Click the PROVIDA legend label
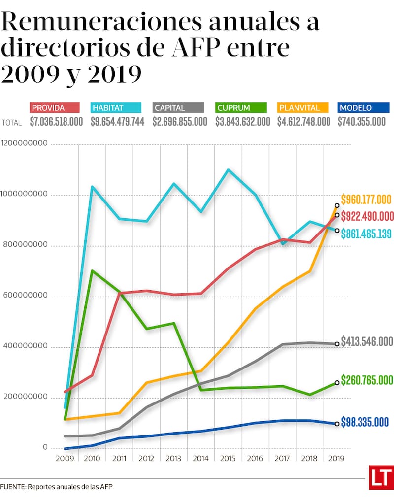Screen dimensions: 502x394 point(48,108)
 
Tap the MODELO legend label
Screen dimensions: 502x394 point(356,108)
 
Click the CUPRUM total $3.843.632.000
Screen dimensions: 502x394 point(243,122)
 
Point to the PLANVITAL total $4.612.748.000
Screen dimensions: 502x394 point(304,122)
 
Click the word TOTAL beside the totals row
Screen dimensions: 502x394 point(12,123)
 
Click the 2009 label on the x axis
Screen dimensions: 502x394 point(65,458)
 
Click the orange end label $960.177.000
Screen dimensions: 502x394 point(366,200)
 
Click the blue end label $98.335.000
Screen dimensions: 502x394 point(365,422)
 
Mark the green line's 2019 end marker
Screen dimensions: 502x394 point(337,382)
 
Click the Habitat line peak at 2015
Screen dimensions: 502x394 point(228,170)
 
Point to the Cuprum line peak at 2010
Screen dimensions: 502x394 point(93,270)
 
